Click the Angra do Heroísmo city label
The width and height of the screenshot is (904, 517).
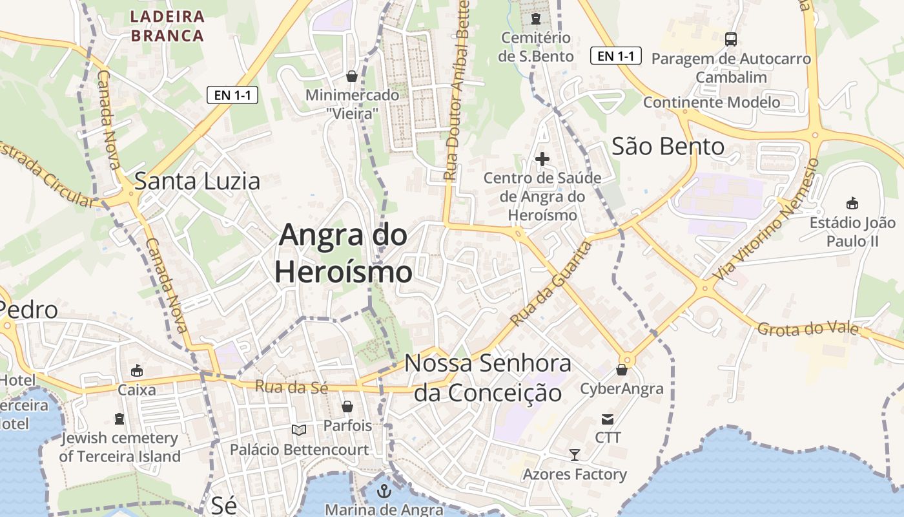click(343, 253)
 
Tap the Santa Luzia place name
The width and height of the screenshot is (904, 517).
click(197, 181)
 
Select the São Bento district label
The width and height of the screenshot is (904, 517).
click(668, 147)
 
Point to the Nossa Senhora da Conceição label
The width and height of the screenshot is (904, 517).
click(488, 378)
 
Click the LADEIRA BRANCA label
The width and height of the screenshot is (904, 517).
click(167, 26)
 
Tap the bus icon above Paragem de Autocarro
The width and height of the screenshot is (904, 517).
click(730, 39)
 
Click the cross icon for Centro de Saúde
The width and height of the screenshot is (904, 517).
click(542, 158)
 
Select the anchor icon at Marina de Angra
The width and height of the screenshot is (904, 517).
click(384, 491)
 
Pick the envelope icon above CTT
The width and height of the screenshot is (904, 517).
click(608, 419)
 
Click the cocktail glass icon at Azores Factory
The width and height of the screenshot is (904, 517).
click(574, 455)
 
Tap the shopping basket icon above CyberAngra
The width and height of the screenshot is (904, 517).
click(622, 370)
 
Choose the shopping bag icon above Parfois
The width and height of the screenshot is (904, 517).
click(347, 406)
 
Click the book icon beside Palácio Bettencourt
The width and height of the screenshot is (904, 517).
click(299, 430)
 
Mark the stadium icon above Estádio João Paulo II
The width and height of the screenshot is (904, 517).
click(852, 203)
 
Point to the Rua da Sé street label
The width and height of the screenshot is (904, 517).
click(291, 387)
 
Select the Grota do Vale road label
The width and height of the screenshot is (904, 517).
click(808, 329)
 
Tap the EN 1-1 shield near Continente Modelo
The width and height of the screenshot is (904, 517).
click(616, 56)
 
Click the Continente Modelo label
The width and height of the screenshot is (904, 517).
click(712, 102)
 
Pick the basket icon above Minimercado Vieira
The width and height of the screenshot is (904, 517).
click(352, 77)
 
